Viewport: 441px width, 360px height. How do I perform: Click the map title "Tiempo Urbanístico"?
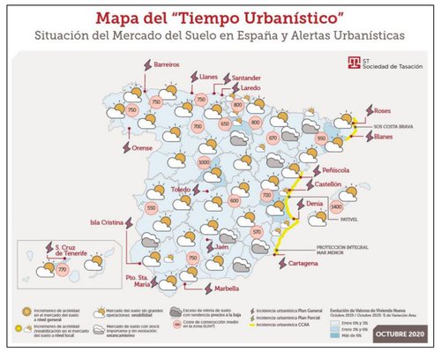coord(220,18)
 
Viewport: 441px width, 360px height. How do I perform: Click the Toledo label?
coord(180,190)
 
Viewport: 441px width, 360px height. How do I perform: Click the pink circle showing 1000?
coord(205,162)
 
